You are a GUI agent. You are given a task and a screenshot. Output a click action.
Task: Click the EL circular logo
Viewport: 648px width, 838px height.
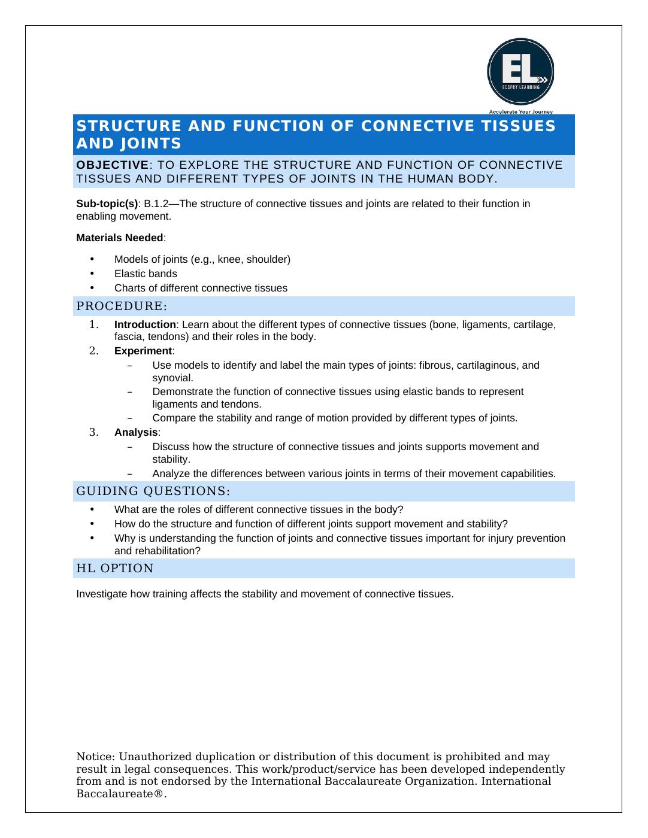pyautogui.click(x=520, y=72)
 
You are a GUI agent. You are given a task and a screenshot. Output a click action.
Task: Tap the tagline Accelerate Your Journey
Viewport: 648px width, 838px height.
pyautogui.click(x=520, y=111)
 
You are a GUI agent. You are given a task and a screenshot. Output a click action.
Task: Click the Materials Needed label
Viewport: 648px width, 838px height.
pyautogui.click(x=120, y=238)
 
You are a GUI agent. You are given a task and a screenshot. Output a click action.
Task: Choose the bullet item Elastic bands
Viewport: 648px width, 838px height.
pyautogui.click(x=146, y=274)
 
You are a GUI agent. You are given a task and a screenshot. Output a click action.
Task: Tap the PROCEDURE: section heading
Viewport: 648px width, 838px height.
pyautogui.click(x=122, y=306)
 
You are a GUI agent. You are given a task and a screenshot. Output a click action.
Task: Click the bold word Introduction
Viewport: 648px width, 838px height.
pyautogui.click(x=145, y=324)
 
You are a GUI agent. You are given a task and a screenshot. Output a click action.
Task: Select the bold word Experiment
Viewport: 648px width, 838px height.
pyautogui.click(x=143, y=351)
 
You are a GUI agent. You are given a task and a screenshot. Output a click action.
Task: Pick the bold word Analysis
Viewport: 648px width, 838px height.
pyautogui.click(x=136, y=432)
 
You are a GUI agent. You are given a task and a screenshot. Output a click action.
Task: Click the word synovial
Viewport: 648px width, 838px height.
pyautogui.click(x=172, y=378)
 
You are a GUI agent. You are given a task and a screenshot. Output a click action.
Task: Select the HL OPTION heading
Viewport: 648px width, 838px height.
pyautogui.click(x=115, y=568)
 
